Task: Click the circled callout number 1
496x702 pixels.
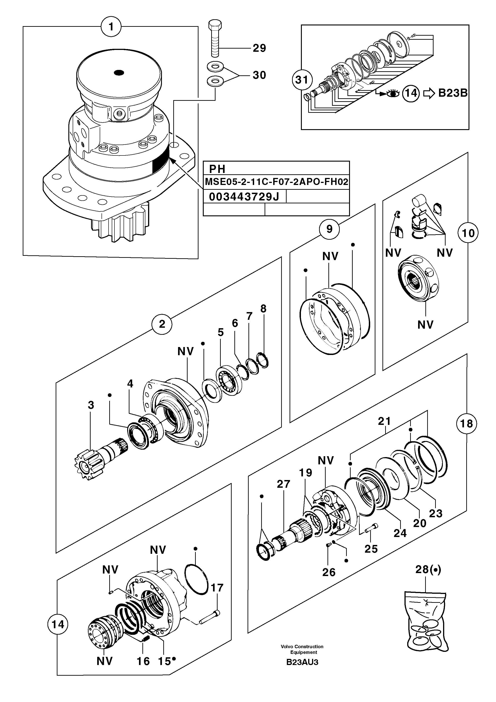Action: (x=111, y=27)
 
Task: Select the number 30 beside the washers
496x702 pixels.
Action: (x=259, y=75)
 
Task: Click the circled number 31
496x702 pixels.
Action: (x=302, y=80)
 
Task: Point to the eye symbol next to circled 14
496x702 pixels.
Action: (x=393, y=93)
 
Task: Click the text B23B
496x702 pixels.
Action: (x=453, y=93)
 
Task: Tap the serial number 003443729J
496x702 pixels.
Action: (x=244, y=197)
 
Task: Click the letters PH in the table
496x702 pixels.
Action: (x=217, y=169)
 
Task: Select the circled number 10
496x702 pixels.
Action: (x=468, y=233)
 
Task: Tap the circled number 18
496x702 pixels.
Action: (x=466, y=424)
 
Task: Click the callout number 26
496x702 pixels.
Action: (x=329, y=572)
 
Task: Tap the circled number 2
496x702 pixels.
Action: (x=162, y=324)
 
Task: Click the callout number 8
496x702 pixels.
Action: (x=263, y=309)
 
